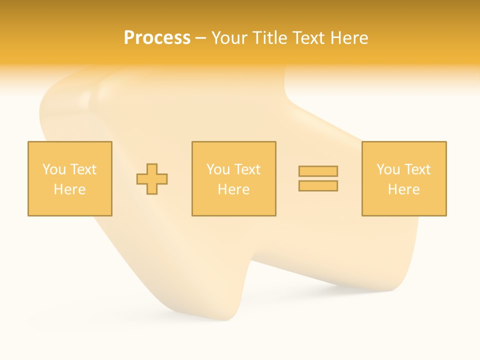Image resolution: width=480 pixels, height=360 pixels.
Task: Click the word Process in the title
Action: pos(157,38)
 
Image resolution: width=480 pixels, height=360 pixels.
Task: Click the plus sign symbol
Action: pos(152,179)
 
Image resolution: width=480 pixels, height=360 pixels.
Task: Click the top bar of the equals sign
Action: pos(318,171)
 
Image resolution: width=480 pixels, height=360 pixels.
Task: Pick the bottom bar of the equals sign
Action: pos(318,185)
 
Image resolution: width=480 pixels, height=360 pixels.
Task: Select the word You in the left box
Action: pos(53,169)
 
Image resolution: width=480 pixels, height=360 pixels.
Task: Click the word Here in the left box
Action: pos(69,189)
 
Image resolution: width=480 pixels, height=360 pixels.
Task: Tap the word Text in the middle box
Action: pos(247,169)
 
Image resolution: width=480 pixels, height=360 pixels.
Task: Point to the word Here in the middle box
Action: pos(233,189)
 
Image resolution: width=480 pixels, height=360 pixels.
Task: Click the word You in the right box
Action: pos(387,169)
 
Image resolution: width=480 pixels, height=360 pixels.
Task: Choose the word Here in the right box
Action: pos(403,189)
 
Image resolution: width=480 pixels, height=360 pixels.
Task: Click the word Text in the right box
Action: pos(417,169)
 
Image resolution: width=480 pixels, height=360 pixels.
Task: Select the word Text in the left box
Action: pos(83,169)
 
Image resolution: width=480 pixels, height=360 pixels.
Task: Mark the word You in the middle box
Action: pos(217,169)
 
